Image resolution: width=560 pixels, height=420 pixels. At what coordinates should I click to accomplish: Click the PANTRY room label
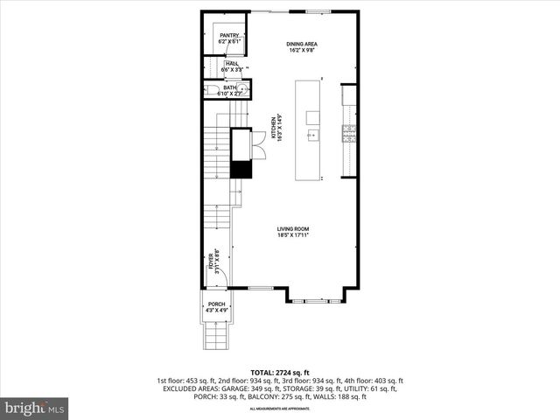(229, 35)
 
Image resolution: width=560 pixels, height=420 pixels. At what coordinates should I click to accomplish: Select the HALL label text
(232, 64)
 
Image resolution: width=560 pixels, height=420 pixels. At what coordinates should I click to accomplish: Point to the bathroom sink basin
(246, 88)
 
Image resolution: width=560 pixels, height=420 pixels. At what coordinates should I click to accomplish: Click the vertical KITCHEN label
(275, 129)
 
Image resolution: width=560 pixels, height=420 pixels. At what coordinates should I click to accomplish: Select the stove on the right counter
(348, 132)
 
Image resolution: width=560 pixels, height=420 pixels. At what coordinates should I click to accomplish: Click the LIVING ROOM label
(293, 229)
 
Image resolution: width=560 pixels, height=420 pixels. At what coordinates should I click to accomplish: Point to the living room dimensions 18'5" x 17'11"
(293, 235)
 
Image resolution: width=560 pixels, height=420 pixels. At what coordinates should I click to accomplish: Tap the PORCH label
(216, 304)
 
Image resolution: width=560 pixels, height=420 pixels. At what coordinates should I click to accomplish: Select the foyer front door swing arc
(222, 276)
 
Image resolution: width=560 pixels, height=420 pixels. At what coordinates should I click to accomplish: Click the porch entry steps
(215, 333)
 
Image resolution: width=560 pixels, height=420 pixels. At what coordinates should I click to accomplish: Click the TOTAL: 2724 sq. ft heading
(279, 372)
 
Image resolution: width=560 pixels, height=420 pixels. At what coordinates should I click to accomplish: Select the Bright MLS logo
(35, 408)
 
